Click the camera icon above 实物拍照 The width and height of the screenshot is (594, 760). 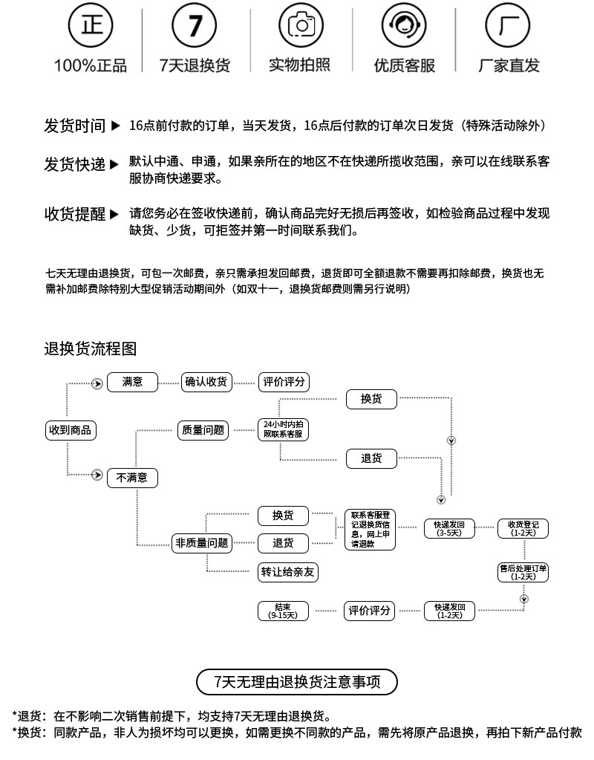pos(301,27)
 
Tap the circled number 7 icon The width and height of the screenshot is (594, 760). pos(195,27)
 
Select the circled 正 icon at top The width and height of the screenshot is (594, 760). pos(91,27)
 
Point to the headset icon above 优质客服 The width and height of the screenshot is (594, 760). pos(404,27)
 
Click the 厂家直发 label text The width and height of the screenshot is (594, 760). pos(509,65)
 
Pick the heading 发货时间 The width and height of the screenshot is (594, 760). pos(74,126)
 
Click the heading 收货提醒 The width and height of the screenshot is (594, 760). pos(74,214)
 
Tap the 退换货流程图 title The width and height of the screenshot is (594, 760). pos(90,348)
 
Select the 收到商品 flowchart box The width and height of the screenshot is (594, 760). pos(71,430)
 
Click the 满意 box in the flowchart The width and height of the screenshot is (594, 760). pos(133,382)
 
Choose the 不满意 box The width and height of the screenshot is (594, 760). pos(132,478)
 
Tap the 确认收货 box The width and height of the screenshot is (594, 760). pos(206,382)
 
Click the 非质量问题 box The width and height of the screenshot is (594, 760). pos(201,543)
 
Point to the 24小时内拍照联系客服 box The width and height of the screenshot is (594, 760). pos(283,429)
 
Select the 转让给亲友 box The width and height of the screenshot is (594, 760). pos(288,572)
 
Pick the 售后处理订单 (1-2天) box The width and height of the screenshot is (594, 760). pos(523,572)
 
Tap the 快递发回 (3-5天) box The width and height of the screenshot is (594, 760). pos(449,528)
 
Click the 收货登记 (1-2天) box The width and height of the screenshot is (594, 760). pos(523,528)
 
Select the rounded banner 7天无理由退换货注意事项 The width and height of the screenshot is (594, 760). pos(297,681)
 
